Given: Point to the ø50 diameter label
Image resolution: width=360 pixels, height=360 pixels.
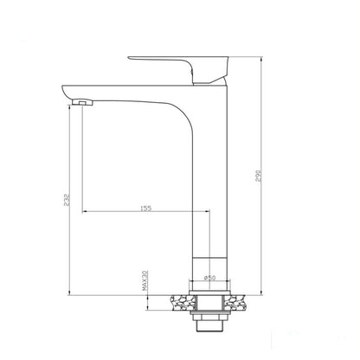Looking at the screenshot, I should [x=209, y=278].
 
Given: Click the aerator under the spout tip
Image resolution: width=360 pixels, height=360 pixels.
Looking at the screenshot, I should [x=82, y=104].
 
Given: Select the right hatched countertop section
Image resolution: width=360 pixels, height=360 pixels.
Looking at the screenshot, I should [x=243, y=302].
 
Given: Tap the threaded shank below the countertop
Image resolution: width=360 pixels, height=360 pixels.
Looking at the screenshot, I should [x=210, y=317].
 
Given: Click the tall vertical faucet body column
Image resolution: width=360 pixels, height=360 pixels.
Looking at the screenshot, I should [x=209, y=173].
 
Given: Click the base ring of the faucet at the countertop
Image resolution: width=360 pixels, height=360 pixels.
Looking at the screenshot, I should [x=209, y=291].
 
